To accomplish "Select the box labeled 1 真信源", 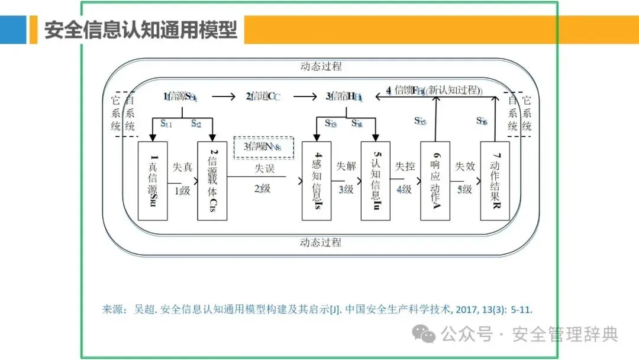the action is [x=153, y=181].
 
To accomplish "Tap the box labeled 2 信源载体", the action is [x=212, y=181].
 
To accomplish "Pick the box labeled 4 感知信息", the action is [x=317, y=181].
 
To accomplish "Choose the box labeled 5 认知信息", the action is [x=376, y=181].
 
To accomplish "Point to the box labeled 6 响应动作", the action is [x=435, y=181].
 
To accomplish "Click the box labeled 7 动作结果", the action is [x=495, y=181].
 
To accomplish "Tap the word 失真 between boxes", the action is [x=182, y=168].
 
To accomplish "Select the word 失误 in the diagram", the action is [x=264, y=168].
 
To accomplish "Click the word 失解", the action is [x=346, y=166].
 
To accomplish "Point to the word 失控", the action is [x=405, y=166].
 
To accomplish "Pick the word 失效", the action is [x=465, y=166].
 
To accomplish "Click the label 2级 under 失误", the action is [x=262, y=189].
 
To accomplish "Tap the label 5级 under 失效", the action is [x=465, y=189].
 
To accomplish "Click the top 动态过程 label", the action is [x=321, y=67].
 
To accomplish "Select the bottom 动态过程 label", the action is [x=321, y=242].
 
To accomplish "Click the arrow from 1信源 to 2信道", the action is [x=224, y=96].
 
